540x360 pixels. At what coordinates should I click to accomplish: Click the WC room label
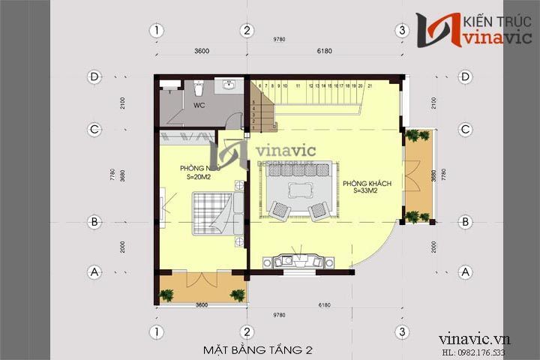[199, 106]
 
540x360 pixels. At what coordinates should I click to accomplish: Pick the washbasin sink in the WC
[228, 85]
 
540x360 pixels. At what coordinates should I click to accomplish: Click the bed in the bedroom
[214, 213]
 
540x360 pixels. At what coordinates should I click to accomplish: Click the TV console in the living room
[298, 262]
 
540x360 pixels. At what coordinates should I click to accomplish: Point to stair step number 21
[370, 86]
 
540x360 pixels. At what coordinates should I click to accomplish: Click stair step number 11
[298, 86]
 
